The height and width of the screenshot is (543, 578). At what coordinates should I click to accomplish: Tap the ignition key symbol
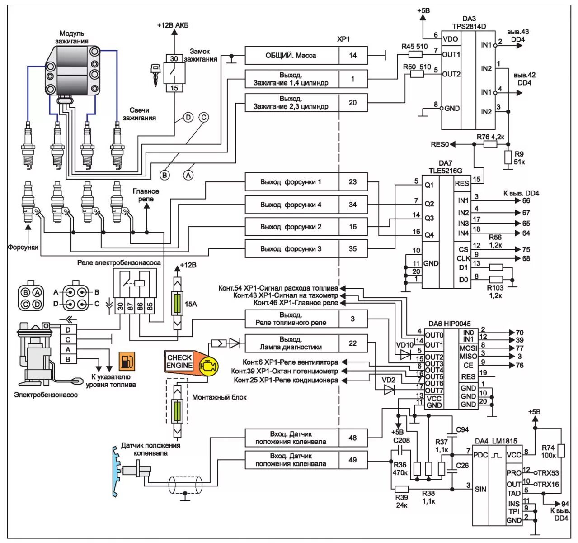[155, 73]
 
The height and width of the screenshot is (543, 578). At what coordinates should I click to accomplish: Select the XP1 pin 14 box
[352, 55]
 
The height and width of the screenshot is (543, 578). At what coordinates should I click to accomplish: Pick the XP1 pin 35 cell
[352, 248]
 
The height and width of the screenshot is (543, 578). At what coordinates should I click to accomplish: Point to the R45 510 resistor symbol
[415, 54]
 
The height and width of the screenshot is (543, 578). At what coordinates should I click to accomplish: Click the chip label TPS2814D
[469, 26]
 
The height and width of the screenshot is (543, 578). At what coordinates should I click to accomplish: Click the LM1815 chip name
[506, 441]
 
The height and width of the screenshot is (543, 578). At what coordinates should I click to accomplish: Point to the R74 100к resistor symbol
[560, 451]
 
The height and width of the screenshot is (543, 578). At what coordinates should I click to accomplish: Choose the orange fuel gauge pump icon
[127, 361]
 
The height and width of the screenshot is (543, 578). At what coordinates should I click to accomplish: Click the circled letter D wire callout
[188, 118]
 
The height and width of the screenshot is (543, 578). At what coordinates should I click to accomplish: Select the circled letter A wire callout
[188, 174]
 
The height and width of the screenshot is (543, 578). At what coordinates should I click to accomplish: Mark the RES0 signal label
[440, 144]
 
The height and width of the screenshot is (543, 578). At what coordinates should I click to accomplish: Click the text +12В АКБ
[173, 25]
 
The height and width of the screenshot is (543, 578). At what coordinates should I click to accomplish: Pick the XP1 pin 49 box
[352, 460]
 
